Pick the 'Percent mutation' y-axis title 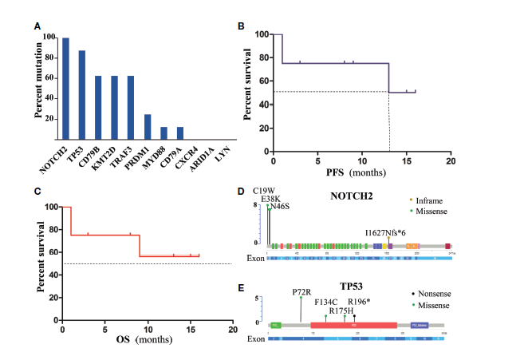(x=37, y=91)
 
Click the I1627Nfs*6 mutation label (x=389, y=231)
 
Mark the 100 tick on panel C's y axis (x=51, y=207)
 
